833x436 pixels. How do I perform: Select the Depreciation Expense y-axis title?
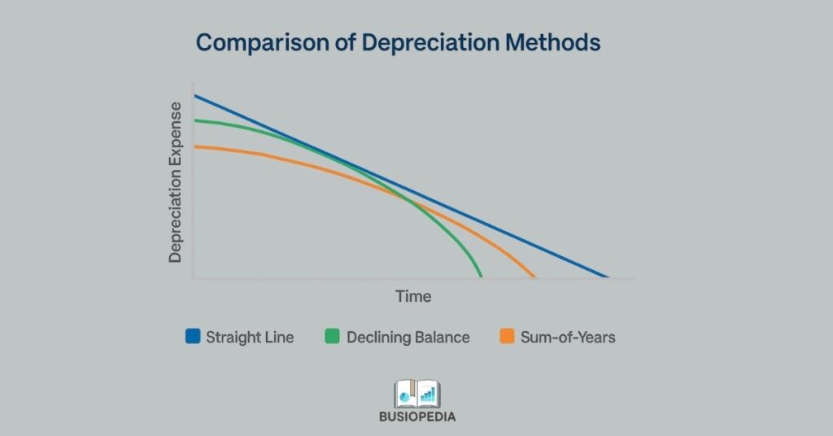pos(176,182)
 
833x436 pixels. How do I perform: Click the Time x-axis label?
pos(413,297)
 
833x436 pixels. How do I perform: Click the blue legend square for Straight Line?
pos(193,336)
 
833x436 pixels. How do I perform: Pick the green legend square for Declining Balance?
pos(332,336)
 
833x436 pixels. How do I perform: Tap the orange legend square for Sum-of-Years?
pos(507,336)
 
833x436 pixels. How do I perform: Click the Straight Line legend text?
pos(249,337)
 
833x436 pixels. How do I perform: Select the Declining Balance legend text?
pos(408,337)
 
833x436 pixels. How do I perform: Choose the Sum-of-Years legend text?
pos(568,337)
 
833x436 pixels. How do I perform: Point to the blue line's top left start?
pos(195,96)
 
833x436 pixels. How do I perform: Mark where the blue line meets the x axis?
pos(607,277)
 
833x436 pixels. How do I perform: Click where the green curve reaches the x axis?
pos(482,277)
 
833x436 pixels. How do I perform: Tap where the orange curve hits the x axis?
pos(534,277)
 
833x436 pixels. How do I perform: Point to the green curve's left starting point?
pos(195,120)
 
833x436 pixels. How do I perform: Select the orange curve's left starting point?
pos(195,146)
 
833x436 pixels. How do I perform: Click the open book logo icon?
pos(416,393)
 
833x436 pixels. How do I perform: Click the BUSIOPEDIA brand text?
pos(416,416)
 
